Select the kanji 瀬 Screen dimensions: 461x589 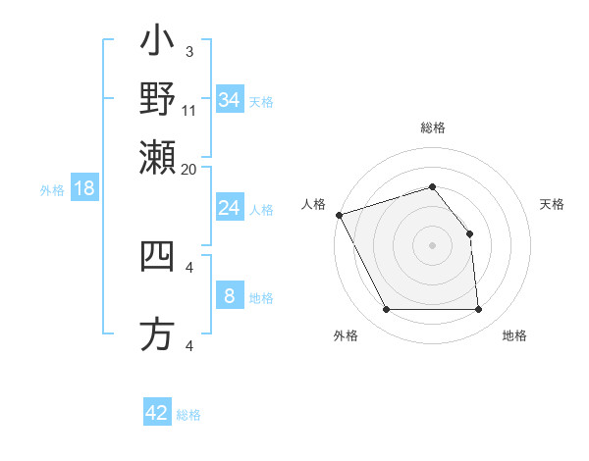(157, 154)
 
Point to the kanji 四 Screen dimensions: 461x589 (157, 256)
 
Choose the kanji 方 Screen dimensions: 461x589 (157, 334)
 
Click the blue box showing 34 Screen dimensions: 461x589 (230, 100)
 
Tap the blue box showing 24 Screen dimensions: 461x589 (230, 208)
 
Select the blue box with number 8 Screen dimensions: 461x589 (230, 296)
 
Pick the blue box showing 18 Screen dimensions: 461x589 (84, 189)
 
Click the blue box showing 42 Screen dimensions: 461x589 (157, 413)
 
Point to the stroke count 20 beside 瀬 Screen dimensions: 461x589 (188, 168)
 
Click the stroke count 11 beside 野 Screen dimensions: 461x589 (188, 111)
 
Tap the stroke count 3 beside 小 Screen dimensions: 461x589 (188, 51)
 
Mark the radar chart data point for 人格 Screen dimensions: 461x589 (339, 215)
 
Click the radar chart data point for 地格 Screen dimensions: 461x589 (478, 310)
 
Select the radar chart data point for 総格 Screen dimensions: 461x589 (432, 186)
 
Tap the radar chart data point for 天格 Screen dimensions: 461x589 (469, 233)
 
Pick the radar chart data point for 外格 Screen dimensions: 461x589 (386, 310)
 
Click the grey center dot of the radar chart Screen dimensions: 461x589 (432, 245)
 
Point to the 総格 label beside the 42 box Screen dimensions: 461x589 (188, 415)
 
